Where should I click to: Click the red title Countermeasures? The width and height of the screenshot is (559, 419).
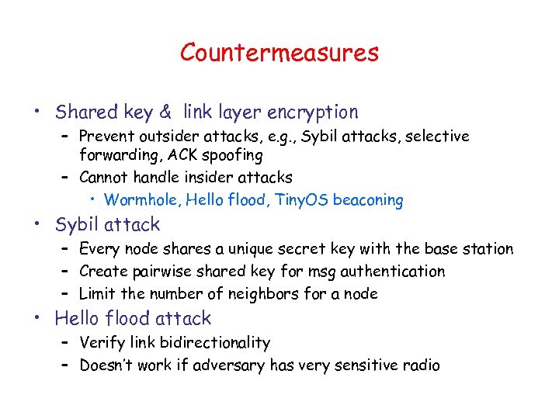point(279,53)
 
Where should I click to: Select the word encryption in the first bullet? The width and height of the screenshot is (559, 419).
point(313,113)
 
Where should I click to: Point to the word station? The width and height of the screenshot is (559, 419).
point(484,249)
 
